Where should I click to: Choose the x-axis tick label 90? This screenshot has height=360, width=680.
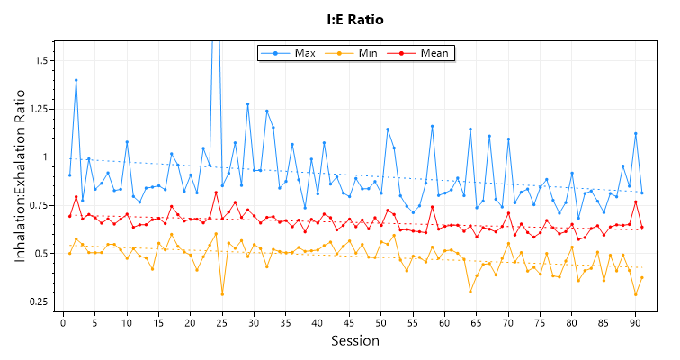pyautogui.click(x=635, y=321)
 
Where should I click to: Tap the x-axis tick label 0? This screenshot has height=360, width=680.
pyautogui.click(x=63, y=321)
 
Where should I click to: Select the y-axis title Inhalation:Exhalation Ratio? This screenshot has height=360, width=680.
pyautogui.click(x=20, y=180)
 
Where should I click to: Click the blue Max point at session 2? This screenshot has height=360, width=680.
pyautogui.click(x=76, y=80)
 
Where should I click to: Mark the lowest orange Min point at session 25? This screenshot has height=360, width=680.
pyautogui.click(x=222, y=294)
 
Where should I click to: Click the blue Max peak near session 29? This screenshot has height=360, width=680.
pyautogui.click(x=247, y=104)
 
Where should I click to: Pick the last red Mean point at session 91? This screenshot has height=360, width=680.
pyautogui.click(x=641, y=227)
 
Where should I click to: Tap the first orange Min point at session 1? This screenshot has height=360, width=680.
pyautogui.click(x=69, y=253)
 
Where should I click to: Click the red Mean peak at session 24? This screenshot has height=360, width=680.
pyautogui.click(x=216, y=193)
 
